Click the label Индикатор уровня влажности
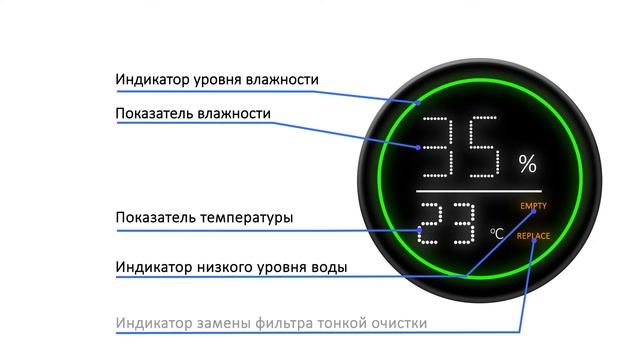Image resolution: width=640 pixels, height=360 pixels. [216, 79]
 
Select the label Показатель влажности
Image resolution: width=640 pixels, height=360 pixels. [192, 114]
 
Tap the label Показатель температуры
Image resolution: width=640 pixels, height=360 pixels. [205, 217]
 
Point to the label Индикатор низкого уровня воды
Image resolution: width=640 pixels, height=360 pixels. [231, 267]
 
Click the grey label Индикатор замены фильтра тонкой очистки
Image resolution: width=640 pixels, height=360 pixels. [270, 323]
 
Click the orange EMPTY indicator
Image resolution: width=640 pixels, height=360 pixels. [534, 206]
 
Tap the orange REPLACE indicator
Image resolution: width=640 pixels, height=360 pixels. [533, 236]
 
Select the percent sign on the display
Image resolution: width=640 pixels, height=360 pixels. [527, 162]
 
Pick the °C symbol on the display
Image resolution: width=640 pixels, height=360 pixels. [497, 234]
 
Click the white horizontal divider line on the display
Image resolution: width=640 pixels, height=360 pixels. [479, 190]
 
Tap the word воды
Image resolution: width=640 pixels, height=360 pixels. [330, 267]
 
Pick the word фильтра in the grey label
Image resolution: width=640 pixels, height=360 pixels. [306, 323]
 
